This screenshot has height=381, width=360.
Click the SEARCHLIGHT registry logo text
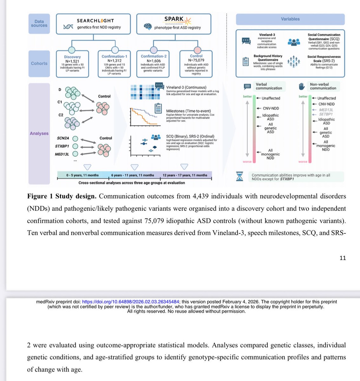pos(95,20)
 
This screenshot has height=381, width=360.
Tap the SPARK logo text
pos(174,19)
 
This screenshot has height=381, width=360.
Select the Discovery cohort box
pos(72,63)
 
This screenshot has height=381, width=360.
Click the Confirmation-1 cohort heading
pos(115,57)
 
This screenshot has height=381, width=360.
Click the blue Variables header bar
pos(290,19)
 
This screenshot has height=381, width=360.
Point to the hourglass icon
pos(239,177)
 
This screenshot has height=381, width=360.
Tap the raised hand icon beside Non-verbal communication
pos(302,86)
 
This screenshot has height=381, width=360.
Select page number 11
pos(343,258)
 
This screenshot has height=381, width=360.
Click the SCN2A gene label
pos(63,138)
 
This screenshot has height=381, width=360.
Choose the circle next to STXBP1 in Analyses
pos(75,146)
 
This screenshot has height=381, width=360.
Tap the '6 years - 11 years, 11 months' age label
pos(133,175)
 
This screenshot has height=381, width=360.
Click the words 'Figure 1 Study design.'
pos(62,196)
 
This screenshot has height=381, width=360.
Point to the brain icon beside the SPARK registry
pos(148,27)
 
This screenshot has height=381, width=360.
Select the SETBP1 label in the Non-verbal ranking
pos(326,114)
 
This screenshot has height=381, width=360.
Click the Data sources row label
pos(39,23)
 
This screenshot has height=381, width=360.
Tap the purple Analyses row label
pos(39,133)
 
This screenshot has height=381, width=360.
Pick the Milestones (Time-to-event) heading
pos(188,111)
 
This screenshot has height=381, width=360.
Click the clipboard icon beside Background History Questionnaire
pos(245,62)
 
